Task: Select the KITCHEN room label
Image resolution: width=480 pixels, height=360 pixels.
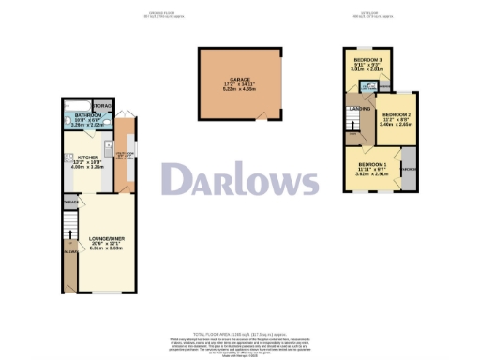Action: pyautogui.click(x=78, y=157)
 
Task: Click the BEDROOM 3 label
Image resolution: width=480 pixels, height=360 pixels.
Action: pyautogui.click(x=367, y=59)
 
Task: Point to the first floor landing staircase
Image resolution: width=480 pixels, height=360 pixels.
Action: pyautogui.click(x=351, y=124)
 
